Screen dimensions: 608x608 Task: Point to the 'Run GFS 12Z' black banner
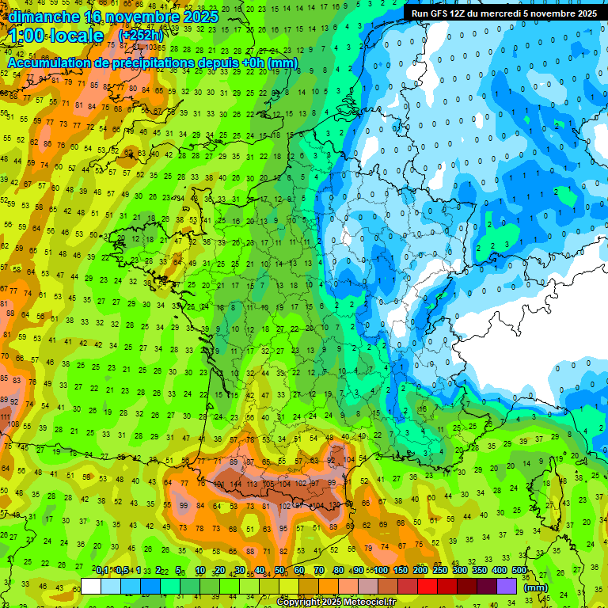(504, 13)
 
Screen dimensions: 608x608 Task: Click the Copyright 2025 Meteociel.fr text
(336, 602)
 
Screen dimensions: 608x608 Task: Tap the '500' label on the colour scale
(519, 571)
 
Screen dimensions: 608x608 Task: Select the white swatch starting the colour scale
(91, 586)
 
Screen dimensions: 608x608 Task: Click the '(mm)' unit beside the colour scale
(536, 587)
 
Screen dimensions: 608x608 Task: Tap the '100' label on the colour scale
(382, 571)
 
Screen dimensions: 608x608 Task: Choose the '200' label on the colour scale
(420, 571)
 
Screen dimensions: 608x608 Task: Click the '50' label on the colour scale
(279, 571)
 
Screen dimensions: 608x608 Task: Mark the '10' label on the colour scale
(200, 571)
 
